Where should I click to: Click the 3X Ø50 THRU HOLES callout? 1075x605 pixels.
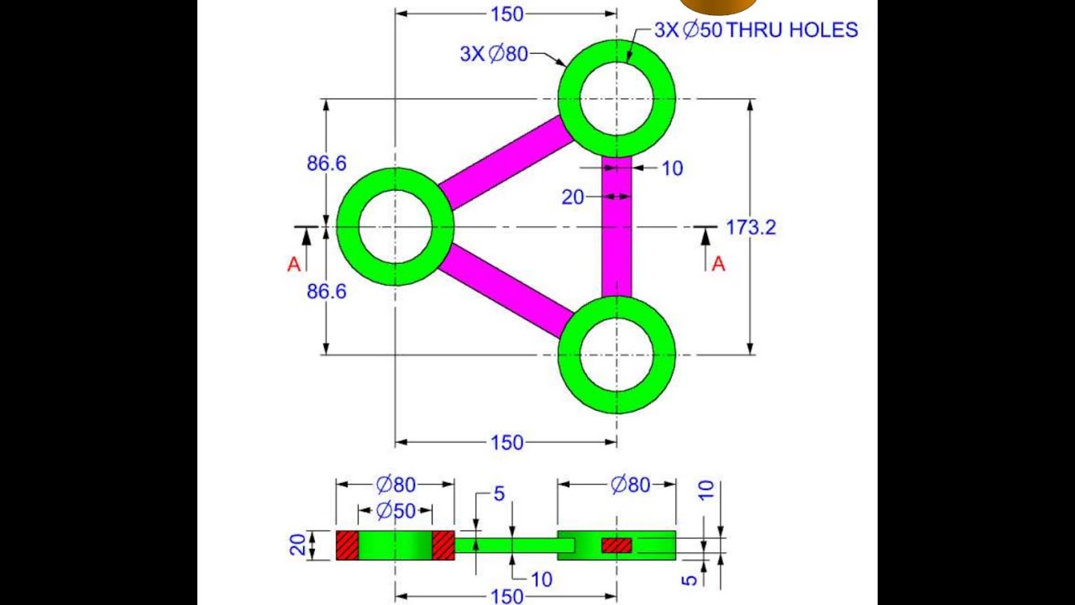pos(756,30)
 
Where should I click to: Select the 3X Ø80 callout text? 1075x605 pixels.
pos(494,54)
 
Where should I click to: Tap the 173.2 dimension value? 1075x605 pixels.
pos(751,227)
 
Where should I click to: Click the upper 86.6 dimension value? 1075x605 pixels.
pos(326,164)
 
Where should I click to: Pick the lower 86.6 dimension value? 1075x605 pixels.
pos(326,292)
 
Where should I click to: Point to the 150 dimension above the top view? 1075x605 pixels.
pos(506,13)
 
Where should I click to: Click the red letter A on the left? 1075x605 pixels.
pos(294,265)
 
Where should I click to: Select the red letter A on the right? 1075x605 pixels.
pos(718,265)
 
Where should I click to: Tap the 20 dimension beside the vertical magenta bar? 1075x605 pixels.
pos(573,197)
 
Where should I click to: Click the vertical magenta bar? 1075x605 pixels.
pos(617,227)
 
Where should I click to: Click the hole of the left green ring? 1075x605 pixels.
pos(395,227)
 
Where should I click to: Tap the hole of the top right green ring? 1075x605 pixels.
pos(616,98)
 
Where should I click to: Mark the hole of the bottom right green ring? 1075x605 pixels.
pos(616,355)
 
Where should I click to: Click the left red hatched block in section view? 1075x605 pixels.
pos(347,545)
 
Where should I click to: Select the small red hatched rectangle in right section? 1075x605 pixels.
pos(616,545)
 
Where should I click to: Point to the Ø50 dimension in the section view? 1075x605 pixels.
pos(395,510)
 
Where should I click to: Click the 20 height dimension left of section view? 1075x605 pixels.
pos(298,545)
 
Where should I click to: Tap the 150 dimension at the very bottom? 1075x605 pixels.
pos(506,597)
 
